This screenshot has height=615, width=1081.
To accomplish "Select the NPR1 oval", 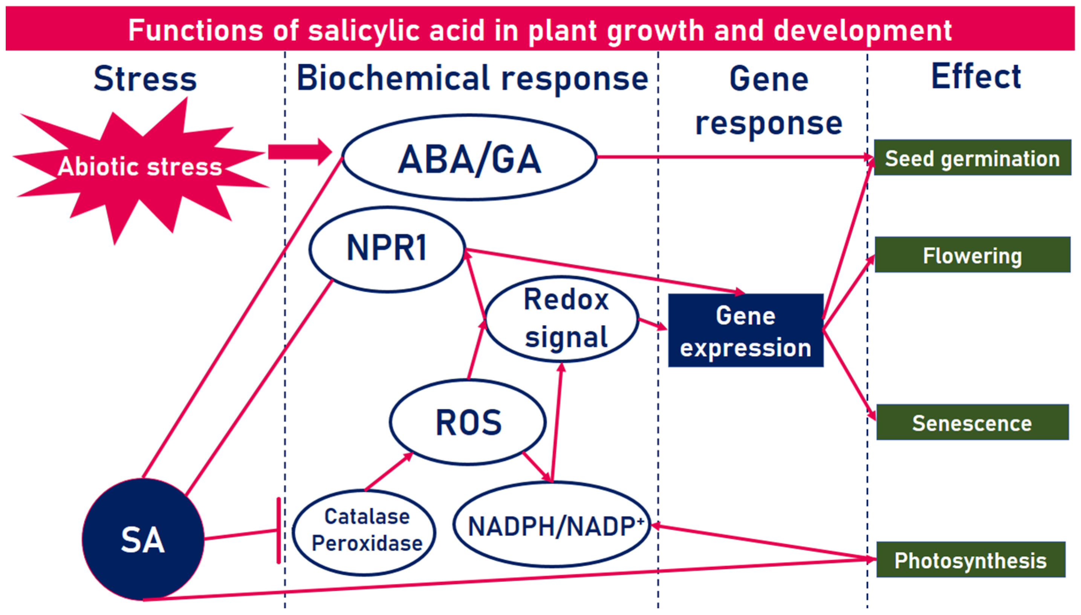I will [x=387, y=249].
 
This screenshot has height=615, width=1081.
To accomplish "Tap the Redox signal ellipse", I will [x=562, y=319].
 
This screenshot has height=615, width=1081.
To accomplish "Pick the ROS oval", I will [x=468, y=422].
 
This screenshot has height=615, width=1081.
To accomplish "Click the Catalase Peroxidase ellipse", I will [x=365, y=532].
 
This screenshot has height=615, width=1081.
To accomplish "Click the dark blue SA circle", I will [x=143, y=539].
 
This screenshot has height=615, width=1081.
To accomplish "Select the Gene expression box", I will [x=746, y=330].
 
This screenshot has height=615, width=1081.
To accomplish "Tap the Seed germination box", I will [x=972, y=158].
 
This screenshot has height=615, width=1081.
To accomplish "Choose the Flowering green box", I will [x=972, y=255].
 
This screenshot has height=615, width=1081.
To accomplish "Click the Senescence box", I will [x=972, y=422].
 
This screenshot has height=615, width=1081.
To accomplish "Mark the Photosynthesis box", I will [x=970, y=560].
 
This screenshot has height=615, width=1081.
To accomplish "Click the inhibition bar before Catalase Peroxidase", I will [x=279, y=531].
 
